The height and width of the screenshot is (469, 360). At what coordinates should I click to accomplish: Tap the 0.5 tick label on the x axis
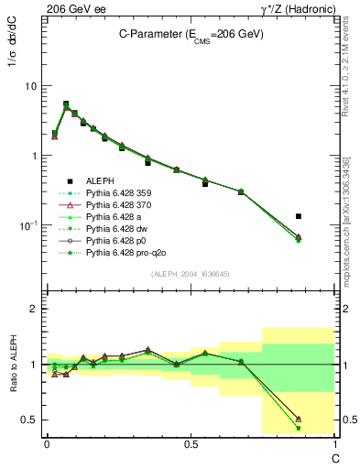pos(190,442)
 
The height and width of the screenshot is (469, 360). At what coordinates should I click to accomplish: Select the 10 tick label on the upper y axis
pos(29,86)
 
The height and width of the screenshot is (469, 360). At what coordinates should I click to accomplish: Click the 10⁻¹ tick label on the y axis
pos(27,225)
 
